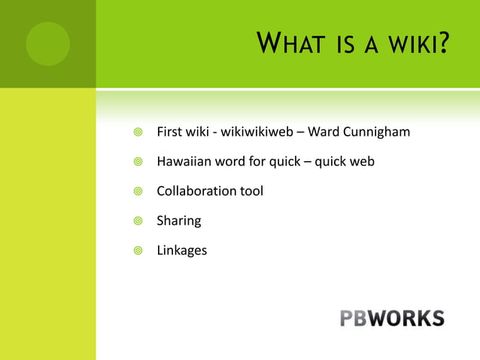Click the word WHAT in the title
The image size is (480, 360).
(x=290, y=44)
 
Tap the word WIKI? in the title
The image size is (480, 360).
(x=416, y=44)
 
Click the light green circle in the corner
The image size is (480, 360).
(x=47, y=44)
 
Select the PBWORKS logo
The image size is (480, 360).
(x=391, y=318)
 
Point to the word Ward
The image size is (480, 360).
(x=323, y=133)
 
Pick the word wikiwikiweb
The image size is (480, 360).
(x=256, y=133)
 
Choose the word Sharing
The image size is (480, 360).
(x=178, y=221)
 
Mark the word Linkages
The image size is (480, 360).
(x=181, y=251)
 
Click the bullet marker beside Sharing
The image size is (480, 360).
(x=135, y=221)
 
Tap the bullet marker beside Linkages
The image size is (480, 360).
(x=135, y=251)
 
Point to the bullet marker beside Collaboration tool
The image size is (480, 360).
(x=135, y=191)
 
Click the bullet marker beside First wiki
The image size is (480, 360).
(x=135, y=133)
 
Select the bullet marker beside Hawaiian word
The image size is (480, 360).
(x=135, y=162)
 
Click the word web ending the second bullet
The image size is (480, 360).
(x=362, y=162)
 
